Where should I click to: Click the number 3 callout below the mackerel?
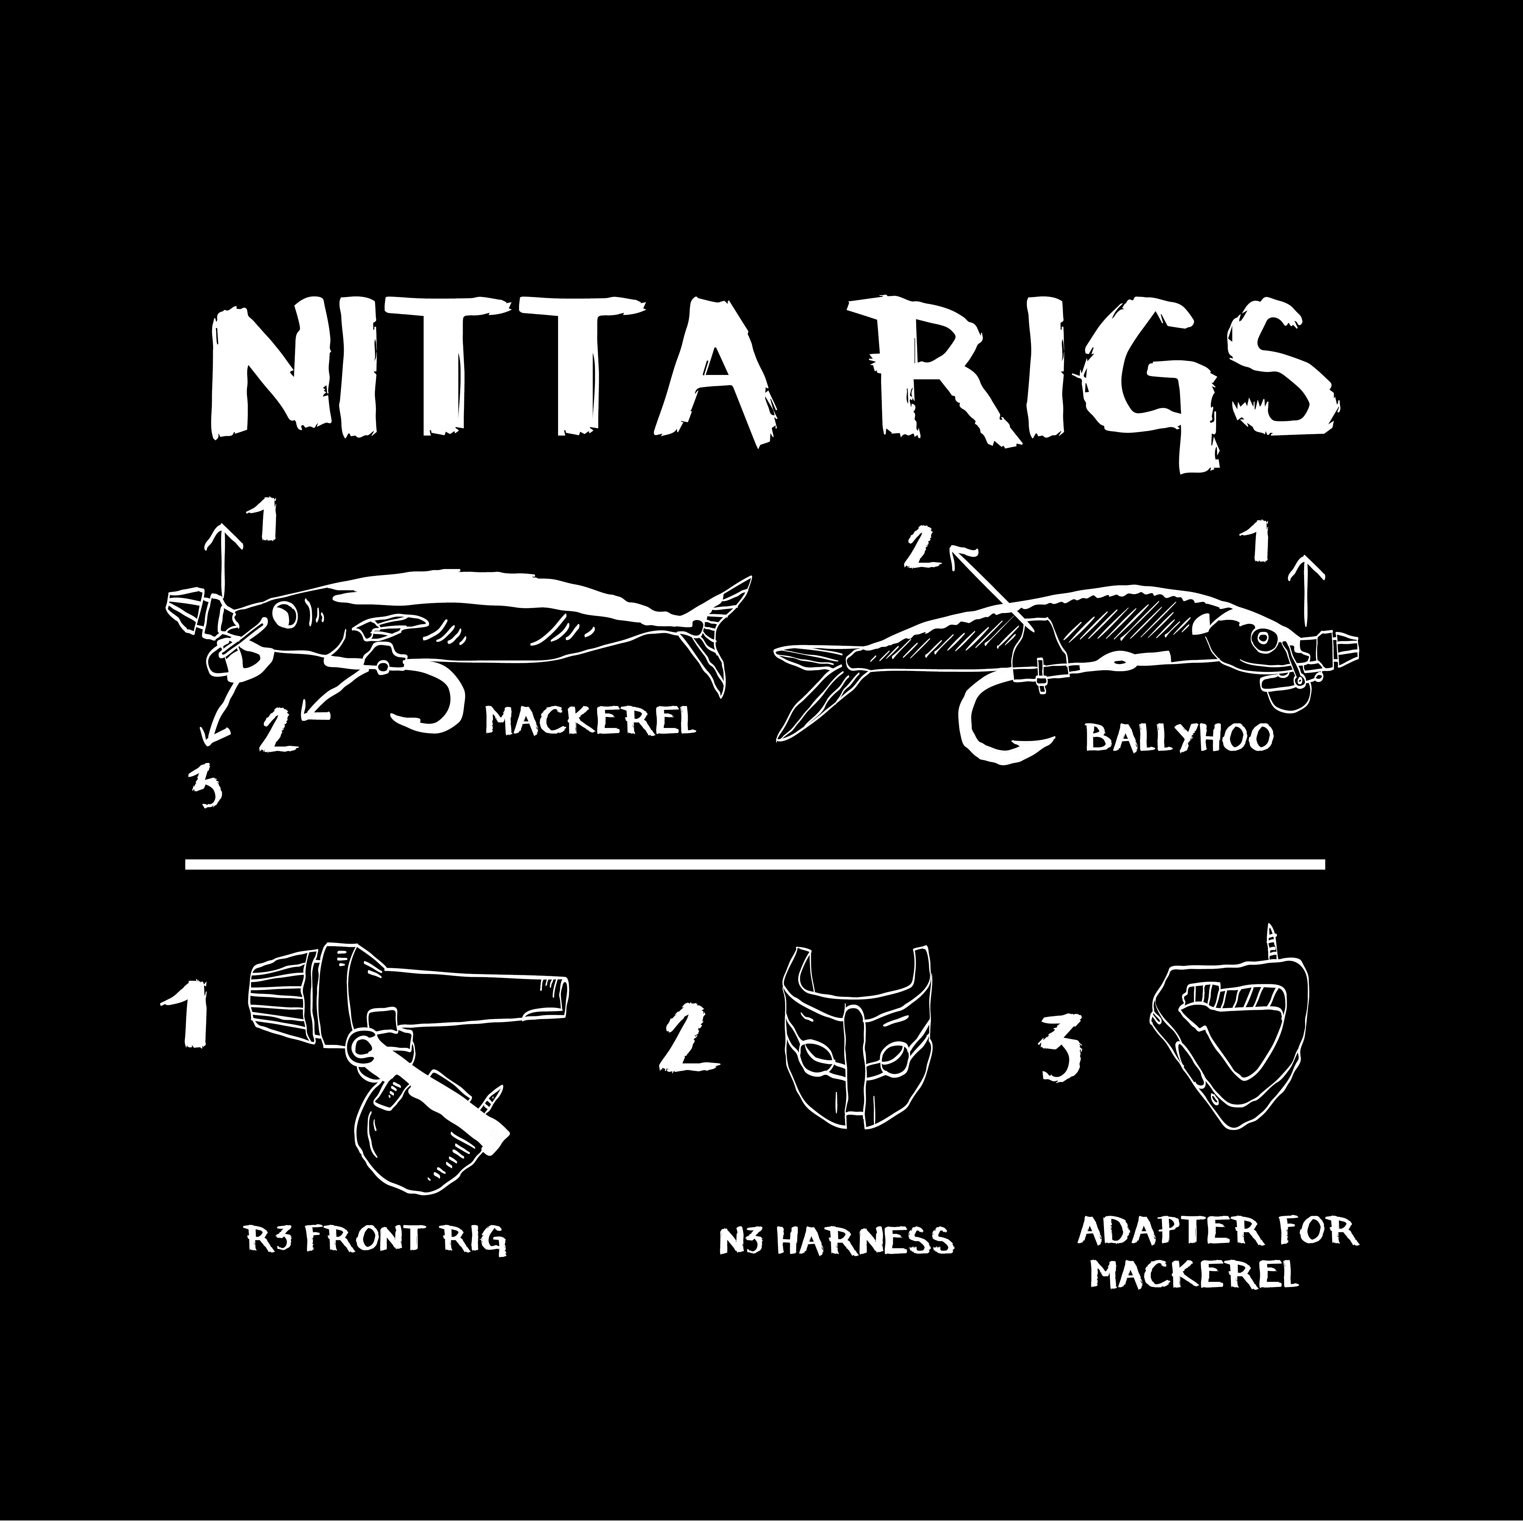[x=205, y=788]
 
